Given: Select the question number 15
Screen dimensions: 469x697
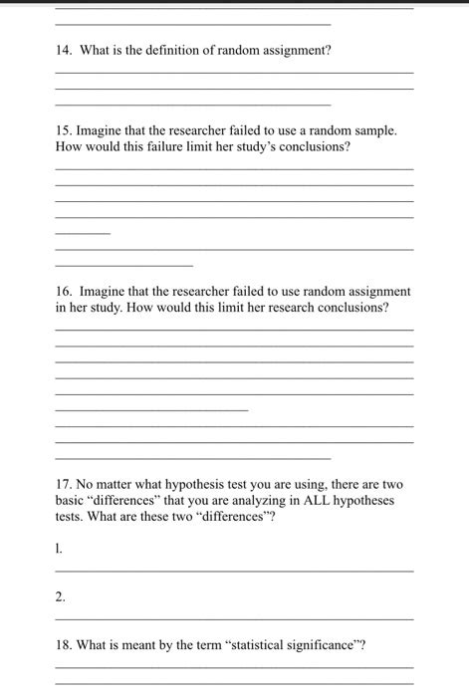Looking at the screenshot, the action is [65, 130].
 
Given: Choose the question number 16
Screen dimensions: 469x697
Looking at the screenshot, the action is [65, 291].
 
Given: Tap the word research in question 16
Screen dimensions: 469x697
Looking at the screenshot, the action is [289, 307].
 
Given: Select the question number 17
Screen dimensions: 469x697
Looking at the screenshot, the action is [65, 484].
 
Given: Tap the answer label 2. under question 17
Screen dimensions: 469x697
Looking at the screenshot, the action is [61, 596].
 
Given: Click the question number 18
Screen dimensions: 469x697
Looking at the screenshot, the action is [65, 644].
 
